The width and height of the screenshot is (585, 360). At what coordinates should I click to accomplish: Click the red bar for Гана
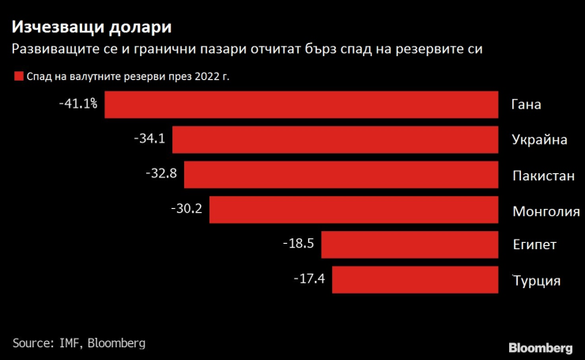point(301,104)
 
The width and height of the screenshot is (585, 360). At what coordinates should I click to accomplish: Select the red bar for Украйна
point(335,139)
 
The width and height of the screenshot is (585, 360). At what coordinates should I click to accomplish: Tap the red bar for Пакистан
point(341,174)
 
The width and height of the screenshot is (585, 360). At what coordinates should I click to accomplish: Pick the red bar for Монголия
point(353,210)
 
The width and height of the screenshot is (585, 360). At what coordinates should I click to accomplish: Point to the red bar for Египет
point(409,244)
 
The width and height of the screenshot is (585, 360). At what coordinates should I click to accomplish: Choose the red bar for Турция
point(415,279)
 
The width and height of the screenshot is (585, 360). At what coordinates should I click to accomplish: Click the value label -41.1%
point(77,104)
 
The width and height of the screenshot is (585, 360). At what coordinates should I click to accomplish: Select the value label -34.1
point(149,138)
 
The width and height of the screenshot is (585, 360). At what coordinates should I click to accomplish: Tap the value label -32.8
point(161,173)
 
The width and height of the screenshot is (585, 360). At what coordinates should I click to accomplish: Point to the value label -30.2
point(187,209)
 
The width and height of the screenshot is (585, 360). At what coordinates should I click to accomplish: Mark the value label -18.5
point(299,244)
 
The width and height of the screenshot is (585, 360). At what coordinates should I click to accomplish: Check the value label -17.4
point(310,279)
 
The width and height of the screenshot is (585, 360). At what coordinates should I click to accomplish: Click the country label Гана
point(526,105)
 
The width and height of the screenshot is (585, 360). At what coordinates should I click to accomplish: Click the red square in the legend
point(17,77)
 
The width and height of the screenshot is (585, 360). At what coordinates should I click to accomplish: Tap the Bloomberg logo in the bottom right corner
point(540,347)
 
